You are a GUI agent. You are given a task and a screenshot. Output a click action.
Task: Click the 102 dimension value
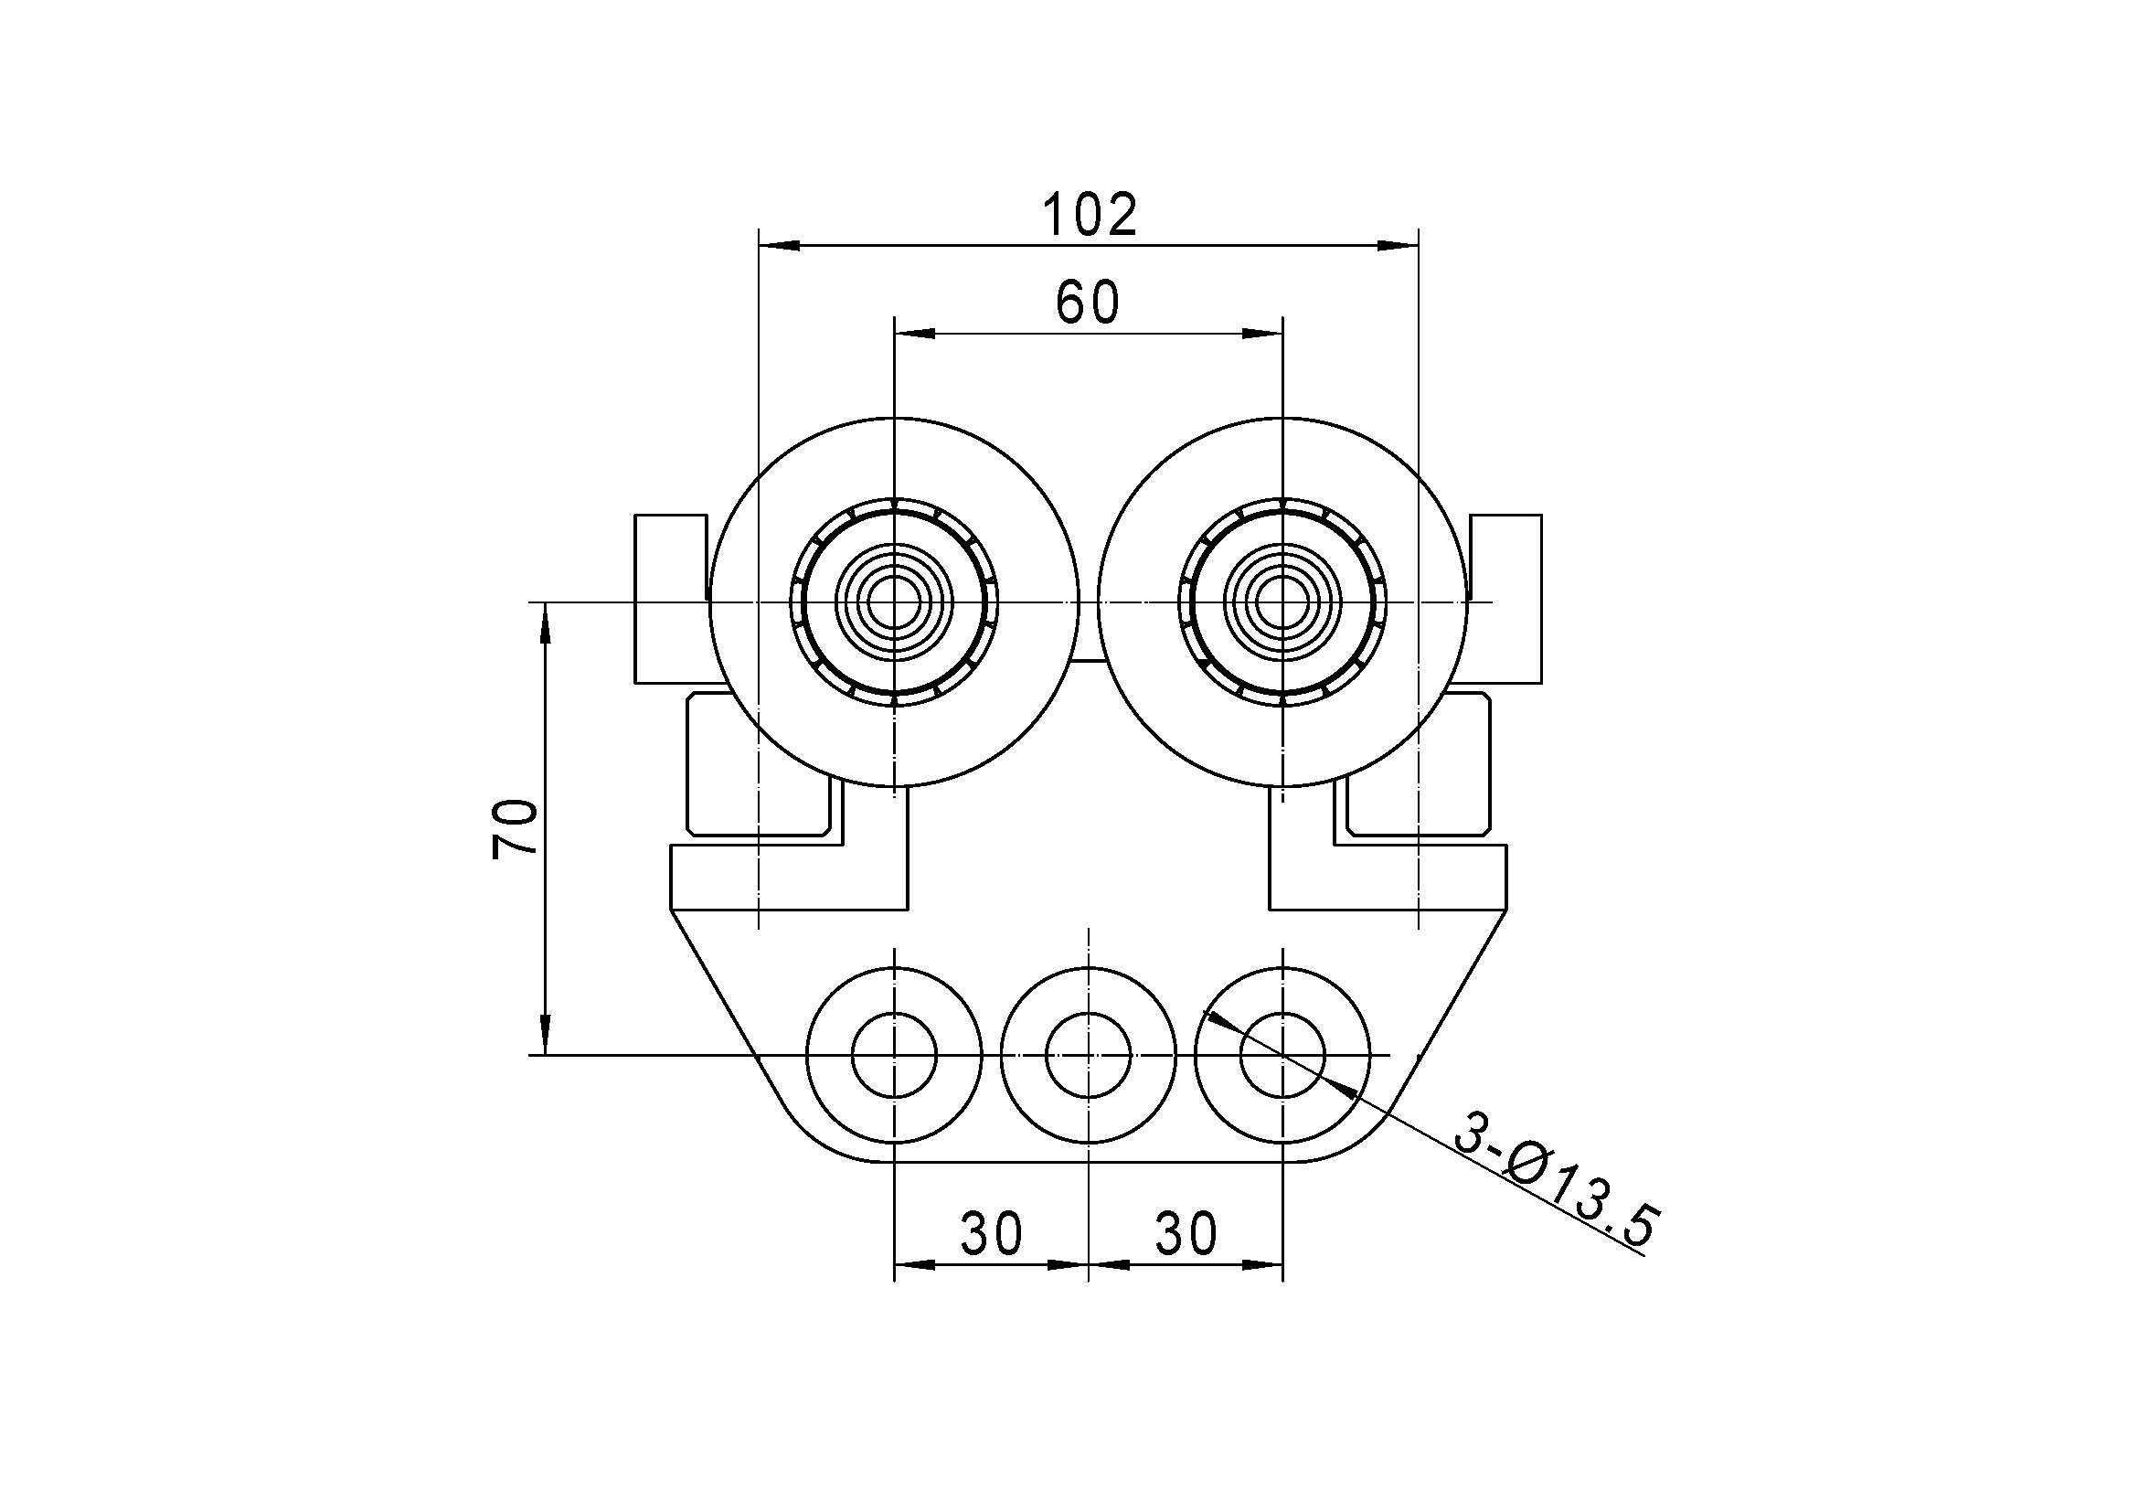(1089, 214)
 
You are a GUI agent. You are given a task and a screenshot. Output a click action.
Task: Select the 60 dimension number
(1088, 302)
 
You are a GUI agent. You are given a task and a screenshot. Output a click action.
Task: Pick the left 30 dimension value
(992, 1232)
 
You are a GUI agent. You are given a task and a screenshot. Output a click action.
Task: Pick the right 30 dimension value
(1186, 1232)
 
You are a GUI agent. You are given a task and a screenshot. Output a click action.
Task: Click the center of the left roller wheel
(894, 602)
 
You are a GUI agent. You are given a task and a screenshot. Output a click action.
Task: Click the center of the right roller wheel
(1283, 602)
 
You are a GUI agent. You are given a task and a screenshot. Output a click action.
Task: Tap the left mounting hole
(894, 1055)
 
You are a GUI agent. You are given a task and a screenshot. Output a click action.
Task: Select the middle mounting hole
(1089, 1055)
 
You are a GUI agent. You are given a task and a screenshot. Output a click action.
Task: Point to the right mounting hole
(1283, 1055)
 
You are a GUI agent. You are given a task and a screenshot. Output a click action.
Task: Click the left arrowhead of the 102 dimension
(780, 246)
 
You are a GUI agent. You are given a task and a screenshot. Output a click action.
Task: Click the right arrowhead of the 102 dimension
(1398, 246)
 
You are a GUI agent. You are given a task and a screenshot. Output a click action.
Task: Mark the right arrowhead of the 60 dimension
(1263, 334)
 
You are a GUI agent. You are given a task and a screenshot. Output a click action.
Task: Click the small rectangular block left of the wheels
(669, 599)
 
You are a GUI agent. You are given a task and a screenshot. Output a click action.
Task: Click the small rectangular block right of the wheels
(1506, 599)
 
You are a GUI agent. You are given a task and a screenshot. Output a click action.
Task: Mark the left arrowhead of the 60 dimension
(913, 334)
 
